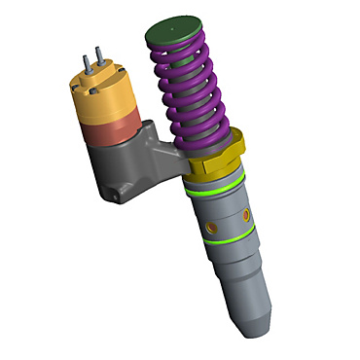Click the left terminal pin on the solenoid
click(88, 60)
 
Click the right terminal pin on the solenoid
click(99, 57)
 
